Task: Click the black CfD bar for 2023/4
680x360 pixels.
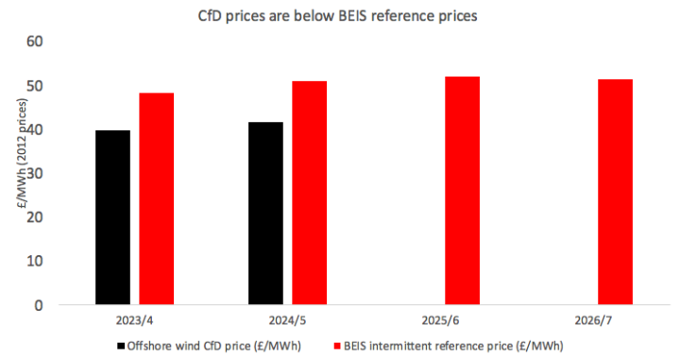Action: pyautogui.click(x=113, y=217)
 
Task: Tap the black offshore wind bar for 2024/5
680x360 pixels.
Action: pyautogui.click(x=265, y=214)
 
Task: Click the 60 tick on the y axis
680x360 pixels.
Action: pyautogui.click(x=34, y=43)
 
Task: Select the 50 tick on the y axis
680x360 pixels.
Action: pyautogui.click(x=34, y=86)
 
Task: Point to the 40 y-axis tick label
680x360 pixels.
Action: pyautogui.click(x=34, y=129)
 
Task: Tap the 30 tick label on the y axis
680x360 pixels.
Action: pyautogui.click(x=34, y=174)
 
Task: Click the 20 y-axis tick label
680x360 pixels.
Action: pyautogui.click(x=34, y=217)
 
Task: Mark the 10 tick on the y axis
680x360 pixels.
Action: pyautogui.click(x=34, y=261)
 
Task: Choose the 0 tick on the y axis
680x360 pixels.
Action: pyautogui.click(x=39, y=305)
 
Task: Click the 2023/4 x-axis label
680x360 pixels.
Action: pyautogui.click(x=134, y=321)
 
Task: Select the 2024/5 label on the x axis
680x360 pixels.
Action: pyautogui.click(x=287, y=321)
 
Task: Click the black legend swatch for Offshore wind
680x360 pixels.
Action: pyautogui.click(x=120, y=346)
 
